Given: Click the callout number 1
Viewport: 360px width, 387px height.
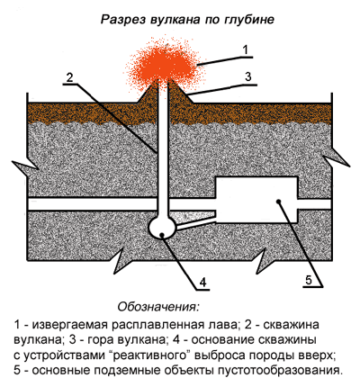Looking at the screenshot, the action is [246, 49].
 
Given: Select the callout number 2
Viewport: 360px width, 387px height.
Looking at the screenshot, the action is [69, 77].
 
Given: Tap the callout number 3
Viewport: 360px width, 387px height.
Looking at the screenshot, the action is [247, 76].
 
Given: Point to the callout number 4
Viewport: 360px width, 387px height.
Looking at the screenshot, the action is [203, 283].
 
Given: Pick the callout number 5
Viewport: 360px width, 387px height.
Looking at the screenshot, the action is [309, 280].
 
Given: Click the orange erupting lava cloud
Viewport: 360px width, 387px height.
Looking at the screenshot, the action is [164, 65].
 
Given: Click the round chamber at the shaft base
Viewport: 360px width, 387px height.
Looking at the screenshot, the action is [162, 228].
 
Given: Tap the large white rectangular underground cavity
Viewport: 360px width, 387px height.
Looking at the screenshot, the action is [256, 200].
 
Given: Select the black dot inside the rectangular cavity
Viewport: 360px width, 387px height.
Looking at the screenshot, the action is [279, 201].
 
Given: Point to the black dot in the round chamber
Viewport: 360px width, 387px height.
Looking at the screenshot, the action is [162, 234].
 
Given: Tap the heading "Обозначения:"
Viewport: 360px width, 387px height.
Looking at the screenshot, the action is [158, 307].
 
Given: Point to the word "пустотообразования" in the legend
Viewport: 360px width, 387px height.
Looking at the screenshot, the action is [280, 371].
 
